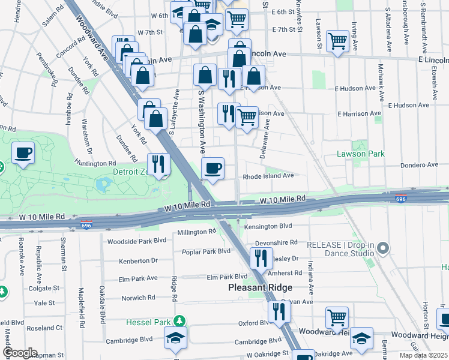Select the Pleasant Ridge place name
(x=259, y=287)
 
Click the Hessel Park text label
(x=148, y=322)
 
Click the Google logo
(x=19, y=353)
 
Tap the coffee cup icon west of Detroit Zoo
(x=23, y=153)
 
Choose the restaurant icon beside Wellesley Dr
(x=260, y=257)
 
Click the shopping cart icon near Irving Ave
(x=338, y=41)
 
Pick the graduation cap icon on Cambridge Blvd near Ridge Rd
(x=176, y=338)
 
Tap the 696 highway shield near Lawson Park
(x=400, y=199)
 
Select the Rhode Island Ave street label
(x=268, y=176)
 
